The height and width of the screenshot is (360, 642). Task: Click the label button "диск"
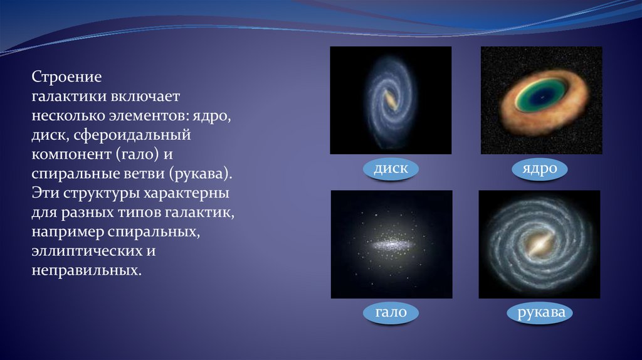point(391,168)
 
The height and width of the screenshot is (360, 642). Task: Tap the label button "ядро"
point(540,168)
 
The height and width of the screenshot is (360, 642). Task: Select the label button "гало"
point(391,312)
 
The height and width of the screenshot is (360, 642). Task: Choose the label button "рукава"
point(540,312)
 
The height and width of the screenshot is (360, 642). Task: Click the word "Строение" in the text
point(66,77)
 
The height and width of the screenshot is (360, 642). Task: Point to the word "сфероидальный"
point(132,135)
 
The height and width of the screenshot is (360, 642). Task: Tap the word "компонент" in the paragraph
point(71,154)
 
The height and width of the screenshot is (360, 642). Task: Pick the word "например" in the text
point(68,232)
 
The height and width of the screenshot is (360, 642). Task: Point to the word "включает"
point(145,96)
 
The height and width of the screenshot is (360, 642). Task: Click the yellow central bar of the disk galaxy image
point(391,100)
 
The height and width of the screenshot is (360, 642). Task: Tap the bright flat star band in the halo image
point(391,245)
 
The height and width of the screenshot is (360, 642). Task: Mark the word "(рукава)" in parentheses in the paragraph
point(200,174)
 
